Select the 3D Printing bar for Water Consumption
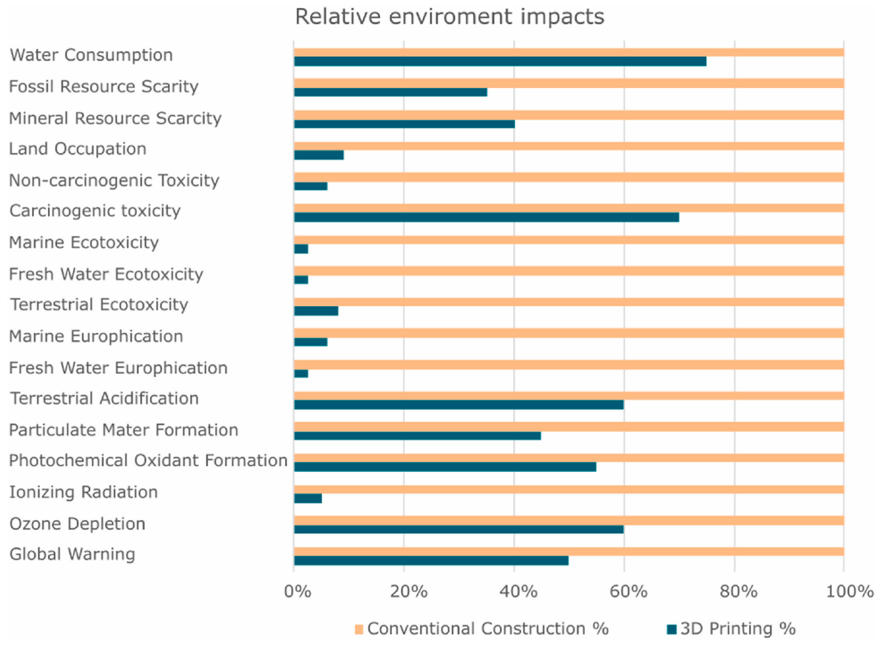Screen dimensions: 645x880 coord(500,61)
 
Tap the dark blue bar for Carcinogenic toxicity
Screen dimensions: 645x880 coord(486,217)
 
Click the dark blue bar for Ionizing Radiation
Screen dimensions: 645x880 coord(308,498)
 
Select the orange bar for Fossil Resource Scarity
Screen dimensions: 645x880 coord(569,83)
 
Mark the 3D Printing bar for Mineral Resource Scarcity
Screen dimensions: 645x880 coord(404,124)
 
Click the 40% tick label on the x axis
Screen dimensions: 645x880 coord(518,592)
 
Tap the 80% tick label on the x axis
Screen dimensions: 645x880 coord(738,592)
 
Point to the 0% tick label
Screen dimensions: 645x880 coord(297,592)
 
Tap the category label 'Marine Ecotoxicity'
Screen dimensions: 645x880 coord(84,243)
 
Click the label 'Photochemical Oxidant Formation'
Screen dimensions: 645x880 coord(148,461)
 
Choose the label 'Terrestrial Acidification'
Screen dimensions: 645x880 coord(104,399)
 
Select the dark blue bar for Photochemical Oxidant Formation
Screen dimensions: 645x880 coord(445,467)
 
